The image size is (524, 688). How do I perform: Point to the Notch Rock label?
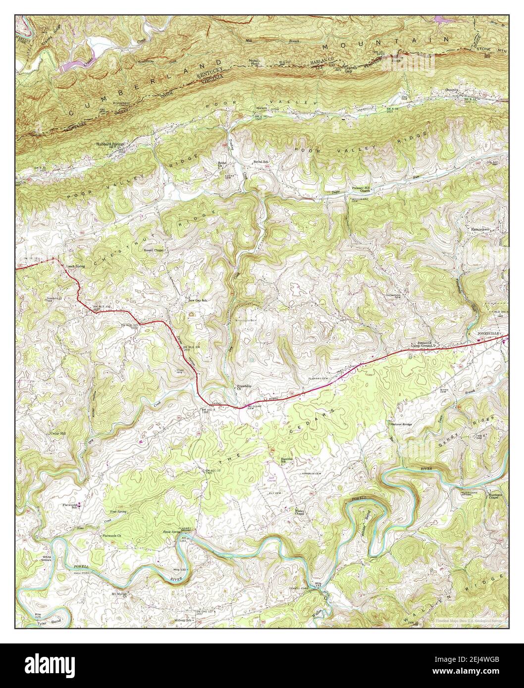point(255,61)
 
